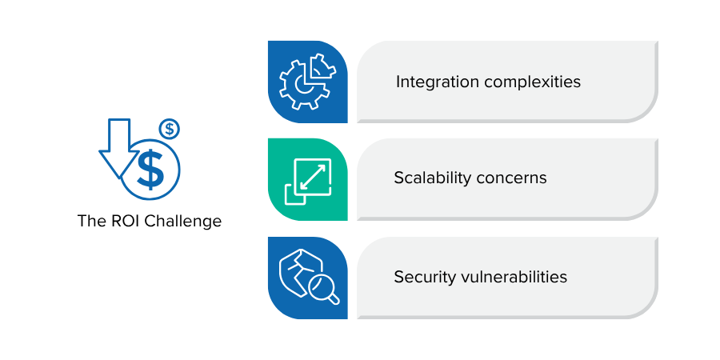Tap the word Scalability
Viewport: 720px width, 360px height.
coord(432,178)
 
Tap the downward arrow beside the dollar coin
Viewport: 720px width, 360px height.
coord(119,148)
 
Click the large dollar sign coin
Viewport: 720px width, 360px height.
coord(150,170)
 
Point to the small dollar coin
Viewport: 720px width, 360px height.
coord(170,129)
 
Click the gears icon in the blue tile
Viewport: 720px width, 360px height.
coord(307,82)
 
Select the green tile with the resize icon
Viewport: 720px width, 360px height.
coord(308,179)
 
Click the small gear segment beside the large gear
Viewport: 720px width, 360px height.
coord(323,67)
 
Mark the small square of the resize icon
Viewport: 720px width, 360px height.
coord(296,194)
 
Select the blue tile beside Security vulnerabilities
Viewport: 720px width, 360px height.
coord(308,278)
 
